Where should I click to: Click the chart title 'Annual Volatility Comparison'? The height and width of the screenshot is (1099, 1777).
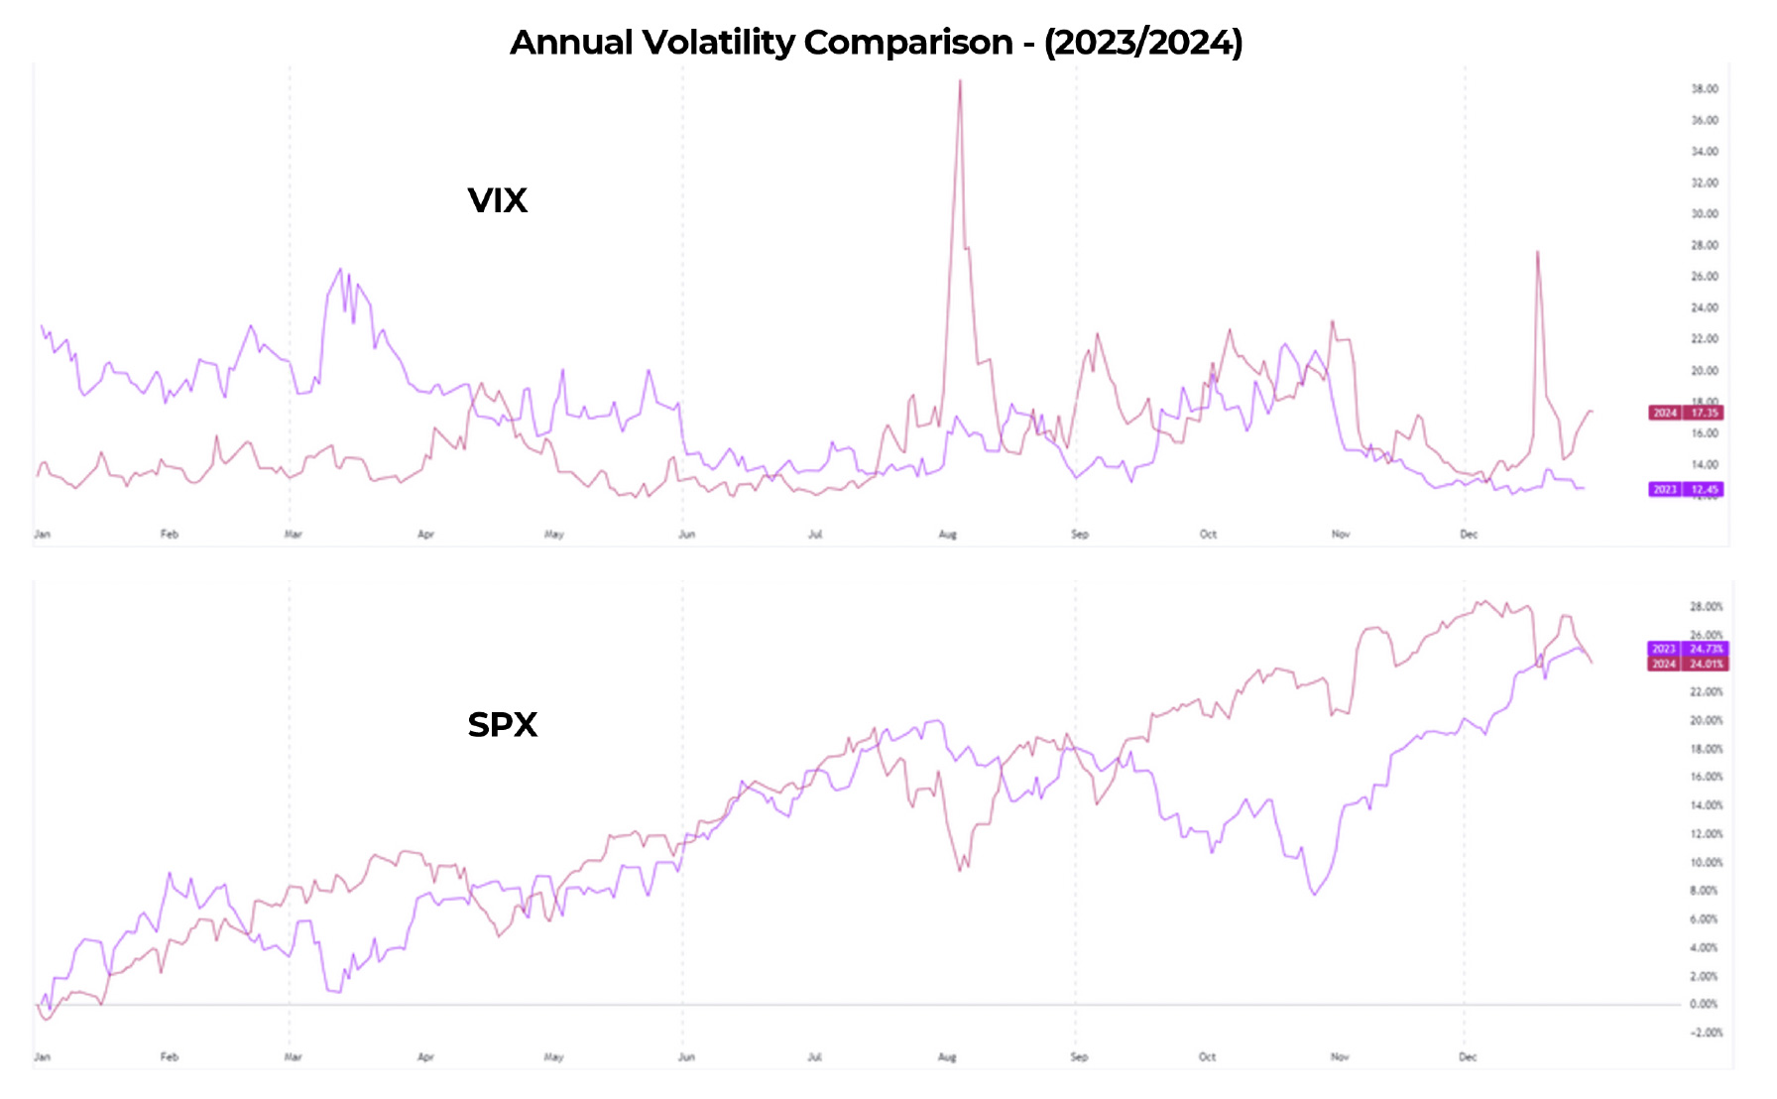click(876, 42)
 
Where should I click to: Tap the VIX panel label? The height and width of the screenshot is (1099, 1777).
click(497, 200)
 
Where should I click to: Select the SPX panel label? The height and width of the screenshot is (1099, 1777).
click(502, 725)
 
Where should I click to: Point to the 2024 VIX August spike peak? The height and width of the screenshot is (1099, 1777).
click(960, 81)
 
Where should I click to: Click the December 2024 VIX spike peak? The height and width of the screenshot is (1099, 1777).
click(1537, 252)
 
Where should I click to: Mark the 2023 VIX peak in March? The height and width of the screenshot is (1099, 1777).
click(340, 269)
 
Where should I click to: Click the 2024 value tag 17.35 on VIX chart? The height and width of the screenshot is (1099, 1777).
click(1686, 413)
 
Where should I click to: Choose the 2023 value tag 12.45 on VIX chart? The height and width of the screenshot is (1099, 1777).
click(1686, 489)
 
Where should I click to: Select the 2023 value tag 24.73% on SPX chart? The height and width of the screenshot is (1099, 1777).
click(1687, 649)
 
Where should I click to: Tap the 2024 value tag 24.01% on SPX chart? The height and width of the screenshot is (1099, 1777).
click(1687, 664)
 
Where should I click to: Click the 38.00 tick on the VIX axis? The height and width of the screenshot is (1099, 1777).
click(1705, 89)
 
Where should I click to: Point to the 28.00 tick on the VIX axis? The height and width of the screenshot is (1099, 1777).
click(1705, 245)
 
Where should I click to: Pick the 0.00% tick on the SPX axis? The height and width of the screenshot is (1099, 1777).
click(1704, 1004)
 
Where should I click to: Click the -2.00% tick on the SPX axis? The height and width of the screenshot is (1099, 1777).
click(1704, 1033)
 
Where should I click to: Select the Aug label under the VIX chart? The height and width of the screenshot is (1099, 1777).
click(947, 535)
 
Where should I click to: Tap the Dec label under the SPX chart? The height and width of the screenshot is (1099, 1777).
click(1468, 1057)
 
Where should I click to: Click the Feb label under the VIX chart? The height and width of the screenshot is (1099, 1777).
click(170, 535)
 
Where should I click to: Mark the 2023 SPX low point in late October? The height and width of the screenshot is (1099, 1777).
click(1315, 895)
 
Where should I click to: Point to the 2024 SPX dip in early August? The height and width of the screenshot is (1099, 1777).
click(961, 871)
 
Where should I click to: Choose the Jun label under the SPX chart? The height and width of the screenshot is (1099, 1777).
click(686, 1057)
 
